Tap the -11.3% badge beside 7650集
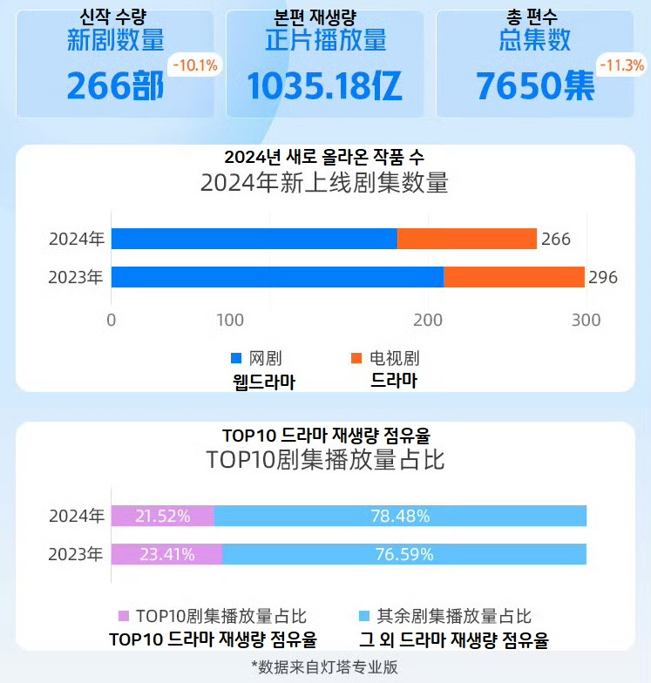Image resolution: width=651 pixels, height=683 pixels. point(620,65)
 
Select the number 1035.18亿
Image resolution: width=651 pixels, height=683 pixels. point(324,86)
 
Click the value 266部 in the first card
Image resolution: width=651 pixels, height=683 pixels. point(115,86)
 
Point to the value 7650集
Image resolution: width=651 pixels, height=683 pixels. point(535,86)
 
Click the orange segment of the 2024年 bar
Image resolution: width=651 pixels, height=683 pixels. point(467,239)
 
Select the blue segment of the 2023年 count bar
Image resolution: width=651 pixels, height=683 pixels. point(277,277)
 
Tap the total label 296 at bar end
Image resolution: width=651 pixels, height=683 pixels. point(603,278)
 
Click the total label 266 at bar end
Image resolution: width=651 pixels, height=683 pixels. point(555,240)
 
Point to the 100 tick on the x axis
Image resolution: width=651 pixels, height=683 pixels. point(230,320)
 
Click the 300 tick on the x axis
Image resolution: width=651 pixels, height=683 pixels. point(586,320)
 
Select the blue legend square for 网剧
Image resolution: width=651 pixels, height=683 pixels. point(235,359)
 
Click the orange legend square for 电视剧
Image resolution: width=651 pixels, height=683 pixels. point(356,359)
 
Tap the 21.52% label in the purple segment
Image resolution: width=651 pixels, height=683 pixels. point(163,516)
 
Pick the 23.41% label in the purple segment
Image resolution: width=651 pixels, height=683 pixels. point(166,554)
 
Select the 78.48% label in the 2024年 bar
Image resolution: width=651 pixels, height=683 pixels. point(401,516)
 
